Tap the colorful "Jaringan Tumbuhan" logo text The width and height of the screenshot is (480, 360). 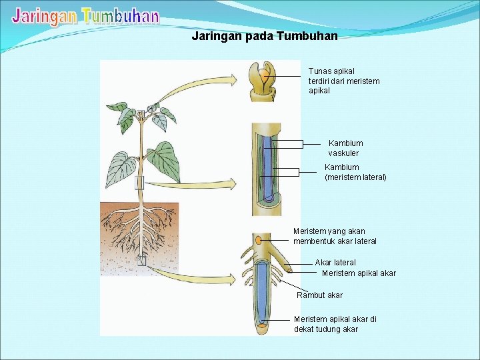86,16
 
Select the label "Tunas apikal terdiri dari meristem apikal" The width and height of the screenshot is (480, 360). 344,81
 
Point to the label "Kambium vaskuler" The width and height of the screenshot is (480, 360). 345,148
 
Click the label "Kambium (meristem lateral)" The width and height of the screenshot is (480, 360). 355,172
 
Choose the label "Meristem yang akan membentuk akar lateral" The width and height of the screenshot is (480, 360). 335,236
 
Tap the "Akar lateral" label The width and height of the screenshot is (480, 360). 335,263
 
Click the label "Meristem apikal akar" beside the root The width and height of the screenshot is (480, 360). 359,273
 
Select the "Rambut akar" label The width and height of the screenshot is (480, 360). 320,295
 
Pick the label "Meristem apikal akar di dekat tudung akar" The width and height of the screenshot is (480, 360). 335,324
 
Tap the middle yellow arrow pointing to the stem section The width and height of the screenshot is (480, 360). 193,184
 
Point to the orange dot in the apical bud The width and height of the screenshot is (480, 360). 265,73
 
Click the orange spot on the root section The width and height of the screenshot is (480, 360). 257,240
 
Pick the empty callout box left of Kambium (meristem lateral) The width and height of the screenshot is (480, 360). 279,172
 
